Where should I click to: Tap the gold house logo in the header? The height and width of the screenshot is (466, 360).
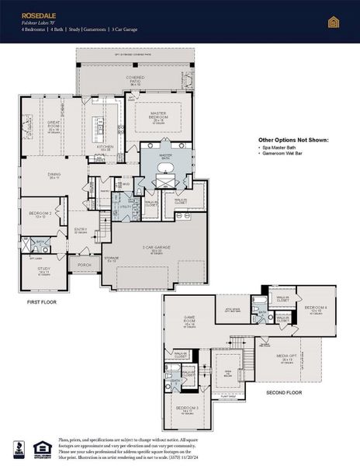tap(334, 21)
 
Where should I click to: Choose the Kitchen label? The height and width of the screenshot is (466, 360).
tap(105, 146)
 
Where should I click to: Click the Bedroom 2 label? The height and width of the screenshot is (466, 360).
tap(40, 213)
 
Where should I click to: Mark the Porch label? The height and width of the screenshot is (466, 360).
tap(84, 265)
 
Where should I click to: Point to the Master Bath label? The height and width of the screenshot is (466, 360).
tap(165, 155)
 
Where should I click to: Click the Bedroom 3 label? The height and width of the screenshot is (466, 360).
tap(187, 409)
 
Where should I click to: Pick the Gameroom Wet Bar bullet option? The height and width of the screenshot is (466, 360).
tap(286, 155)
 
